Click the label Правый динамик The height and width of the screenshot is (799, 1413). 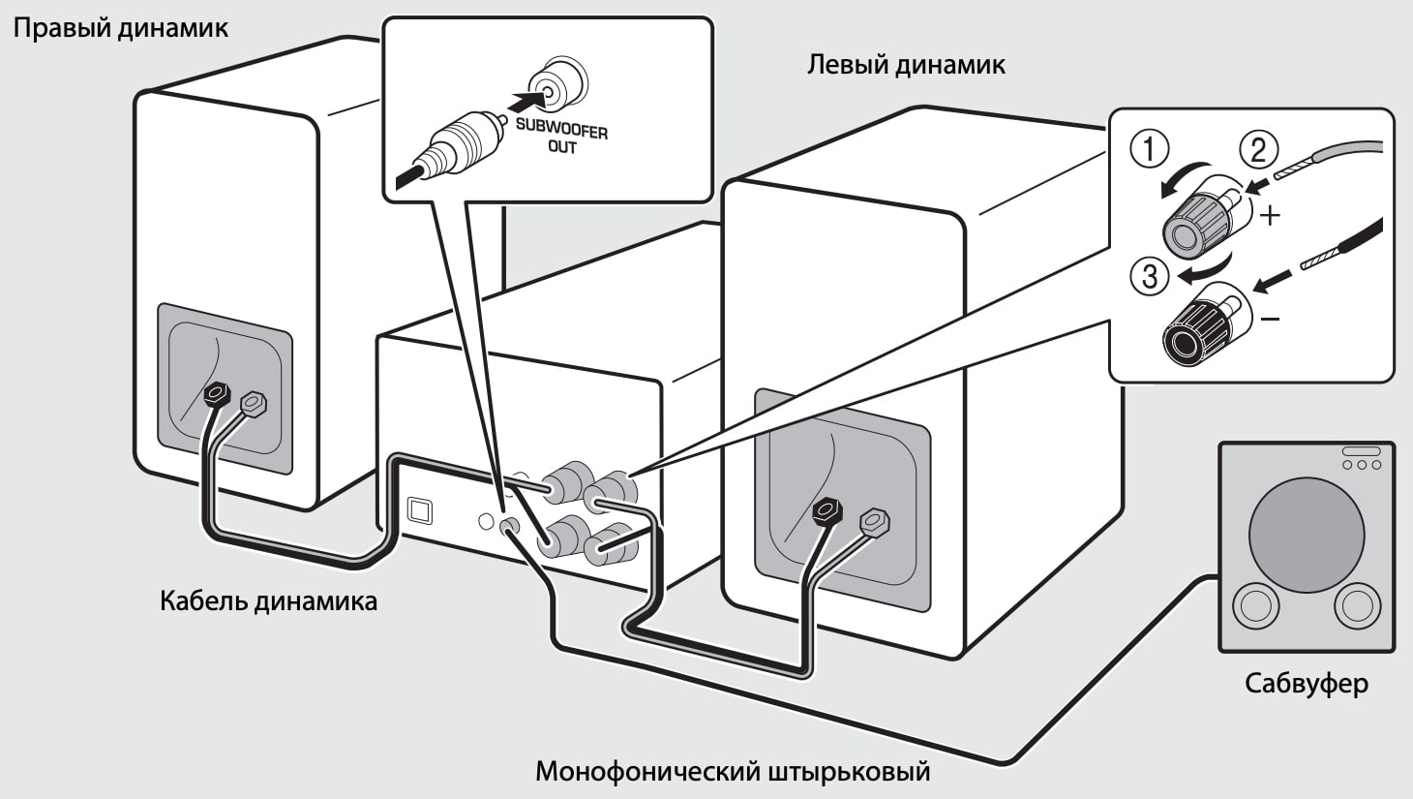coord(120,27)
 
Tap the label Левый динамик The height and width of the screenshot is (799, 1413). coord(906,65)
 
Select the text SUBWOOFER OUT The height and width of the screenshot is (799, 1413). coord(561,137)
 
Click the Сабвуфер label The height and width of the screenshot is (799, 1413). coord(1306,684)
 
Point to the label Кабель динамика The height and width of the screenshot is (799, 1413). coord(268,601)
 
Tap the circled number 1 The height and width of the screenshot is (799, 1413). coord(1150,149)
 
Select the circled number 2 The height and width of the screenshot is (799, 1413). coord(1258,149)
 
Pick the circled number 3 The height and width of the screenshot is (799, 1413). coord(1149,277)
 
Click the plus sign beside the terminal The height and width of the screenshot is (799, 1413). coord(1270,214)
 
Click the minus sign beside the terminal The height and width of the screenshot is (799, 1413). coord(1271,318)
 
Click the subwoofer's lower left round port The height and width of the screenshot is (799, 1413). coord(1255,605)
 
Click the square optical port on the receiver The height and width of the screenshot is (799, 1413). coord(420,509)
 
